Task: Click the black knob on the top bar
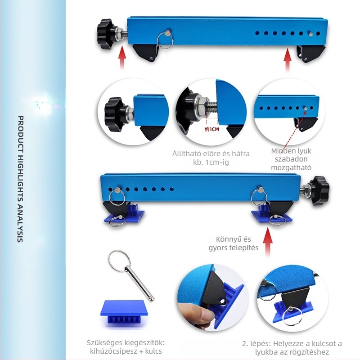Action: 105,34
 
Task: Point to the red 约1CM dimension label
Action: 211,129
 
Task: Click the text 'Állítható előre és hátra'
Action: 211,153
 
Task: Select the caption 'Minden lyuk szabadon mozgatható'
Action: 291,159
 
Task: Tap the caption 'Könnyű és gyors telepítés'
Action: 234,243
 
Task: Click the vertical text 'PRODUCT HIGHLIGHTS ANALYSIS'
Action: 20,179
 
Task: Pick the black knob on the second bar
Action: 319,191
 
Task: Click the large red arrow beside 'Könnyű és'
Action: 268,242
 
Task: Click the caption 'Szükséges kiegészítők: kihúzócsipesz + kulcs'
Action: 126,346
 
